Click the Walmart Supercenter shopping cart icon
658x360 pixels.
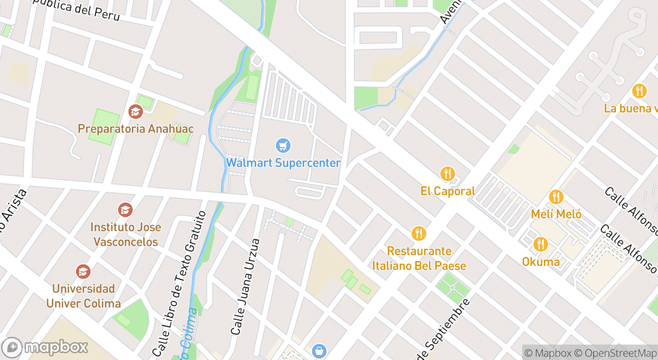tap(283, 146)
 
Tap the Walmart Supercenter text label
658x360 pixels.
tap(283, 163)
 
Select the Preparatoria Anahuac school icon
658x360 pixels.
tap(136, 111)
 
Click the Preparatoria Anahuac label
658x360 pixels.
tap(136, 129)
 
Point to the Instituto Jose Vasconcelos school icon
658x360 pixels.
tap(125, 210)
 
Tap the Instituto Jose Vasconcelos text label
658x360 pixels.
tap(125, 234)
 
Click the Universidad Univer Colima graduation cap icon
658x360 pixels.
tap(83, 272)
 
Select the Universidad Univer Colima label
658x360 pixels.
tap(83, 296)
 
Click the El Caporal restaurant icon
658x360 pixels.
tap(448, 174)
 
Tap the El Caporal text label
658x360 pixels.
tap(448, 191)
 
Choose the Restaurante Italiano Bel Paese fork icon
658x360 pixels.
tap(419, 233)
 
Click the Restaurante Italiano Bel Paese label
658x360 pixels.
tap(419, 258)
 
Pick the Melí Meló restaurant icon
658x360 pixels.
tap(556, 197)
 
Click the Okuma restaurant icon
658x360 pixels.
tap(540, 244)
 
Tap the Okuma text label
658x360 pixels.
tap(541, 262)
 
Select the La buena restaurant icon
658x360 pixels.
tap(639, 91)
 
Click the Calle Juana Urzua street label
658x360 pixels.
tap(245, 286)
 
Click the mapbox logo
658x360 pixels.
tap(45, 347)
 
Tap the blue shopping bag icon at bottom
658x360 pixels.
tap(319, 351)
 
